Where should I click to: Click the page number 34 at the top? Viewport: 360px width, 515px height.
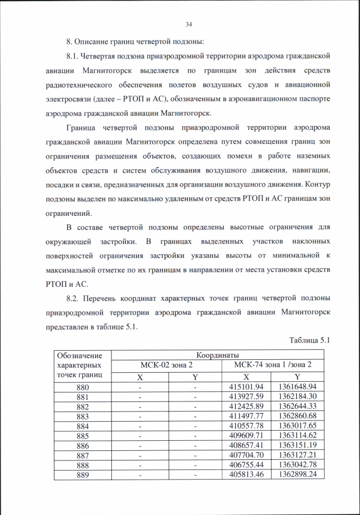pos(188,24)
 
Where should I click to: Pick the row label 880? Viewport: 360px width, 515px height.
pos(83,387)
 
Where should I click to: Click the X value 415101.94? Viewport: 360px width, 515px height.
pos(246,387)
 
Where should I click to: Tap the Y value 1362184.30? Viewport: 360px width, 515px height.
pos(298,397)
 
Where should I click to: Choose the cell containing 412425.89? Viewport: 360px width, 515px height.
pos(246,406)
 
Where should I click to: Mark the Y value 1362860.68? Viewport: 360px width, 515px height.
pos(298,416)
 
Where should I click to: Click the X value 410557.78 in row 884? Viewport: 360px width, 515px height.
pos(246,426)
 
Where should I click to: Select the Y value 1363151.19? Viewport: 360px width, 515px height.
pos(298,445)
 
